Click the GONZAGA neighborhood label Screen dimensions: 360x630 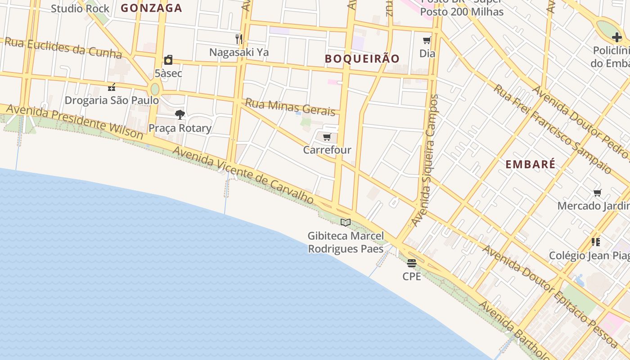[152, 8]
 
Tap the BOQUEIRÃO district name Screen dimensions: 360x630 [362, 58]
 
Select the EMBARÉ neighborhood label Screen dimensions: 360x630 [530, 164]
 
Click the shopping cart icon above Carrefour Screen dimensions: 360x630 [327, 137]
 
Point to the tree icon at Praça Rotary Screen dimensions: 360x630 [180, 115]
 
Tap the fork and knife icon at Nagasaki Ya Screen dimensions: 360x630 [239, 39]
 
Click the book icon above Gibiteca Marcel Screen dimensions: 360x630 [346, 222]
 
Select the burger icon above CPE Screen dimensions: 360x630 [412, 263]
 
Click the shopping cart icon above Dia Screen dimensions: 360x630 [427, 40]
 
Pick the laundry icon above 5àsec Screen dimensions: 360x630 [168, 60]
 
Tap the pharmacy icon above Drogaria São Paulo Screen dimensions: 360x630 [112, 87]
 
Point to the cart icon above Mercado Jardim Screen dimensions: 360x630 [598, 193]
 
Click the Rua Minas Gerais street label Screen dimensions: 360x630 [290, 108]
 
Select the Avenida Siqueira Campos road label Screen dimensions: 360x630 [425, 160]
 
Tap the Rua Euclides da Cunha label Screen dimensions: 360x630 [63, 49]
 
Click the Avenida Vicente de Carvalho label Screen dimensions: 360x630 [243, 175]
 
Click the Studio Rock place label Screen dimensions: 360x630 [80, 9]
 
